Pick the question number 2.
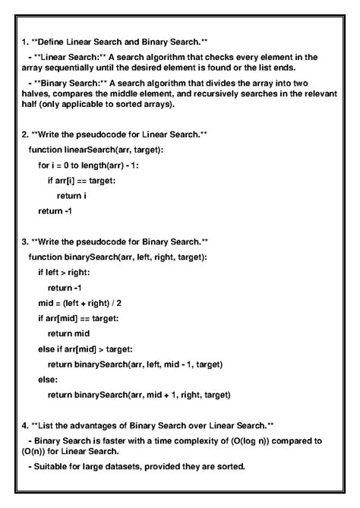pyautogui.click(x=24, y=134)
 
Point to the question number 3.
pyautogui.click(x=24, y=241)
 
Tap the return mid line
pyautogui.click(x=71, y=333)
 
